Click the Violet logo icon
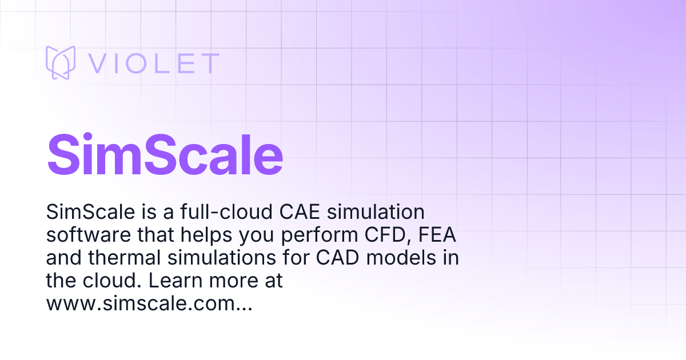(x=61, y=62)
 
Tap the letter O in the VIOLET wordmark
(x=135, y=63)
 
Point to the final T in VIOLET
(x=211, y=63)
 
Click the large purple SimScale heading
(x=165, y=155)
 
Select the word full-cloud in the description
(x=226, y=211)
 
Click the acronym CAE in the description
(x=300, y=211)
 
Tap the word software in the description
(x=89, y=235)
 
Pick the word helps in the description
(x=206, y=235)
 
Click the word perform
(x=319, y=235)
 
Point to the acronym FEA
(x=437, y=234)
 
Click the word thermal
(x=125, y=258)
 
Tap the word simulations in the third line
(x=222, y=258)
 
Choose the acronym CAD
(x=337, y=258)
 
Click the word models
(x=401, y=258)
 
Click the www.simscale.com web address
(x=149, y=303)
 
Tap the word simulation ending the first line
(x=376, y=211)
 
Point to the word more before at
(x=234, y=281)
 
